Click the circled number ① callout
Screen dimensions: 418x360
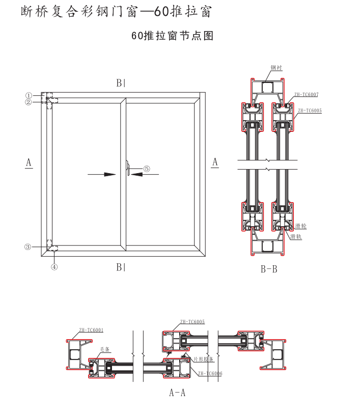pyautogui.click(x=29, y=95)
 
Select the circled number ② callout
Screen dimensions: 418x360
pyautogui.click(x=29, y=102)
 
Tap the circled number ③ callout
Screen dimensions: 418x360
pyautogui.click(x=28, y=247)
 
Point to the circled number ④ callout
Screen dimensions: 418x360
pyautogui.click(x=54, y=266)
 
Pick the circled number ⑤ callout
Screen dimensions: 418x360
pyautogui.click(x=147, y=169)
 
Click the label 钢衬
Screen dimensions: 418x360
pyautogui.click(x=276, y=68)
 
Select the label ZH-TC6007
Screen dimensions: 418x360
pyautogui.click(x=306, y=95)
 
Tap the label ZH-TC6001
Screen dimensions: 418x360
pyautogui.click(x=91, y=330)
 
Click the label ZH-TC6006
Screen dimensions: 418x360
pyautogui.click(x=210, y=373)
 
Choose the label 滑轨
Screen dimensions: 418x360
pyautogui.click(x=296, y=237)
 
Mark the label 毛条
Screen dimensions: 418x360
pyautogui.click(x=105, y=350)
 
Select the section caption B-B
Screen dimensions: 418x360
pyautogui.click(x=269, y=269)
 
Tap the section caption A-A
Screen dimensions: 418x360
pyautogui.click(x=177, y=393)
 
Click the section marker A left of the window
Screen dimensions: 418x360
pyautogui.click(x=29, y=162)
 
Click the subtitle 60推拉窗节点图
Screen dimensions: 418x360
pyautogui.click(x=172, y=36)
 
